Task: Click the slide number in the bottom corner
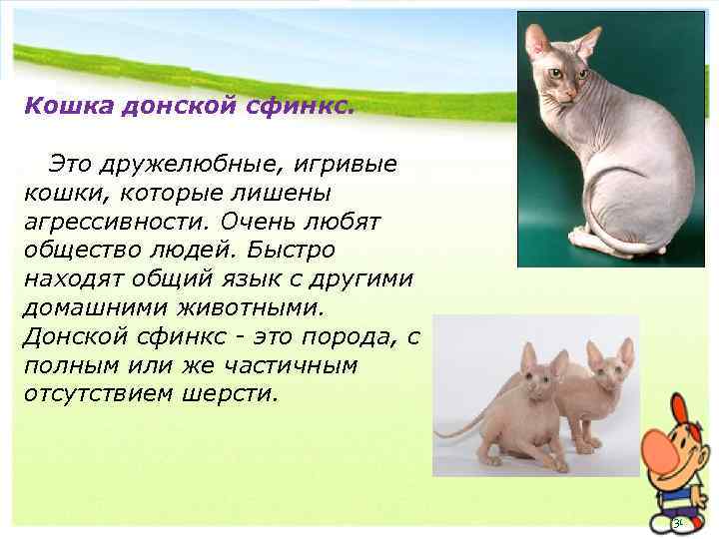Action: coord(677,523)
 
